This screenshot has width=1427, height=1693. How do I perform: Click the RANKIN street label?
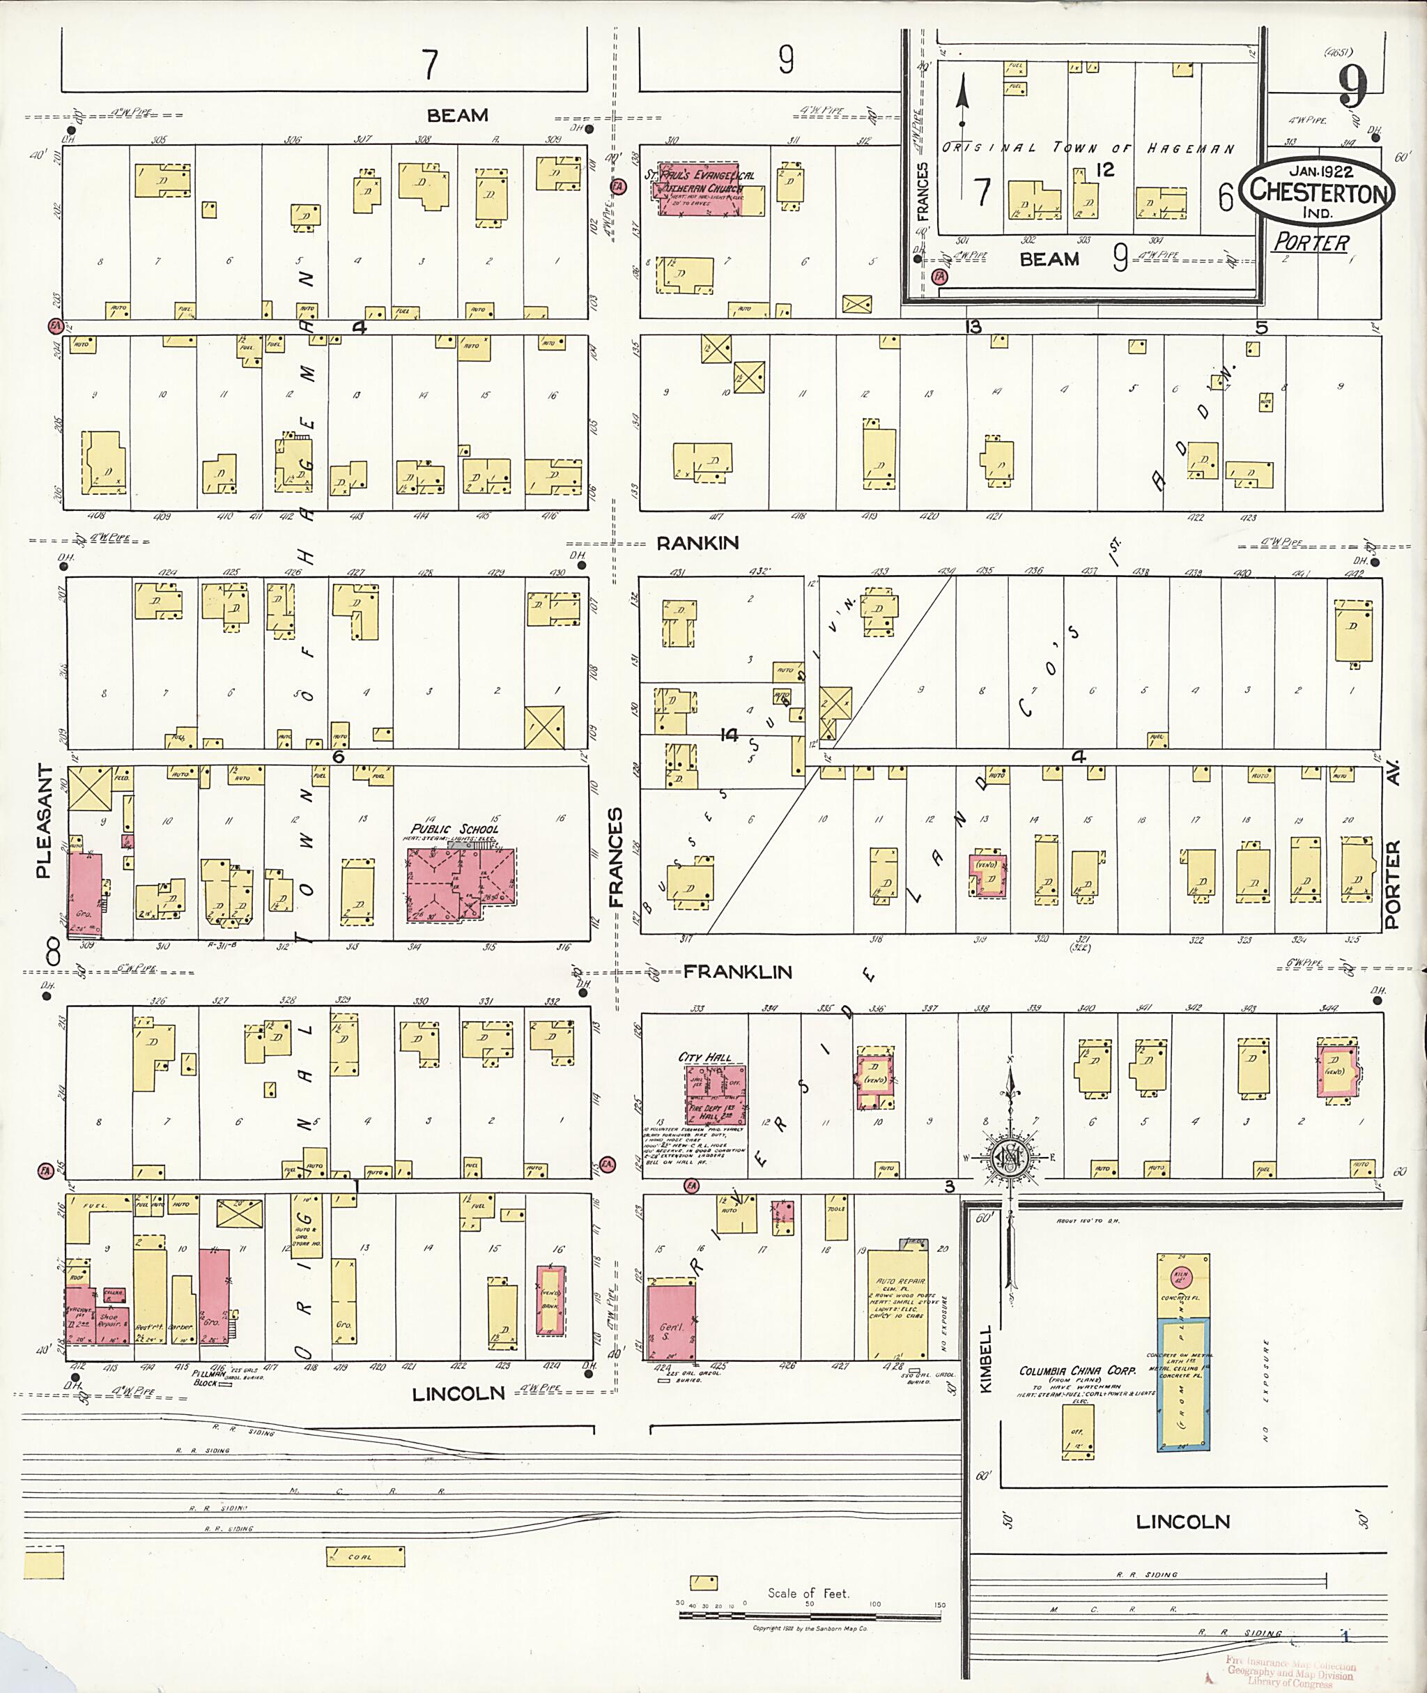(697, 543)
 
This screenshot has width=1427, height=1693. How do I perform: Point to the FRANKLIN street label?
(737, 972)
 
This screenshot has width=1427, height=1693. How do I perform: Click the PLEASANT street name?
(45, 822)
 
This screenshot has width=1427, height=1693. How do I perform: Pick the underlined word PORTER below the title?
(1311, 243)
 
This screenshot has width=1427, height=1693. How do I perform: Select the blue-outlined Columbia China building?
(1182, 1384)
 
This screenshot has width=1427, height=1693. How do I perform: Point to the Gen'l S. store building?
(672, 1323)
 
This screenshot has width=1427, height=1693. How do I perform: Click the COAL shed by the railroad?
(365, 1556)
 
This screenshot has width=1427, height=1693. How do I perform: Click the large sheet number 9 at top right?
(1352, 86)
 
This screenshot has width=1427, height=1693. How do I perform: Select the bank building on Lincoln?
(551, 1300)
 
